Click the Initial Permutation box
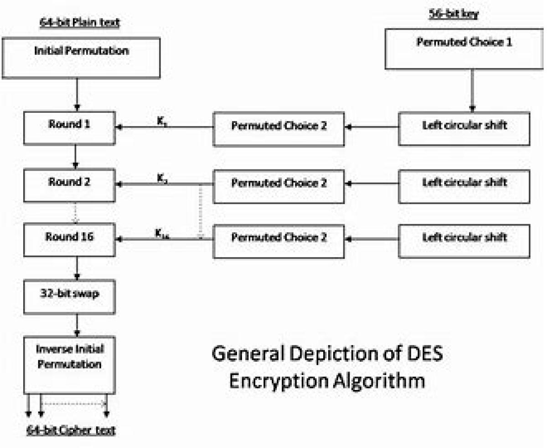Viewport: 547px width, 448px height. (x=81, y=58)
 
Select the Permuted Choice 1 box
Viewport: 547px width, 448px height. (x=464, y=49)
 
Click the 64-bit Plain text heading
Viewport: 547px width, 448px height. (x=79, y=23)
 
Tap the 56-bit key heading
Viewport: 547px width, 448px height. (x=454, y=14)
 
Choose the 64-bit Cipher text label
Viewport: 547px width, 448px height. (x=71, y=430)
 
